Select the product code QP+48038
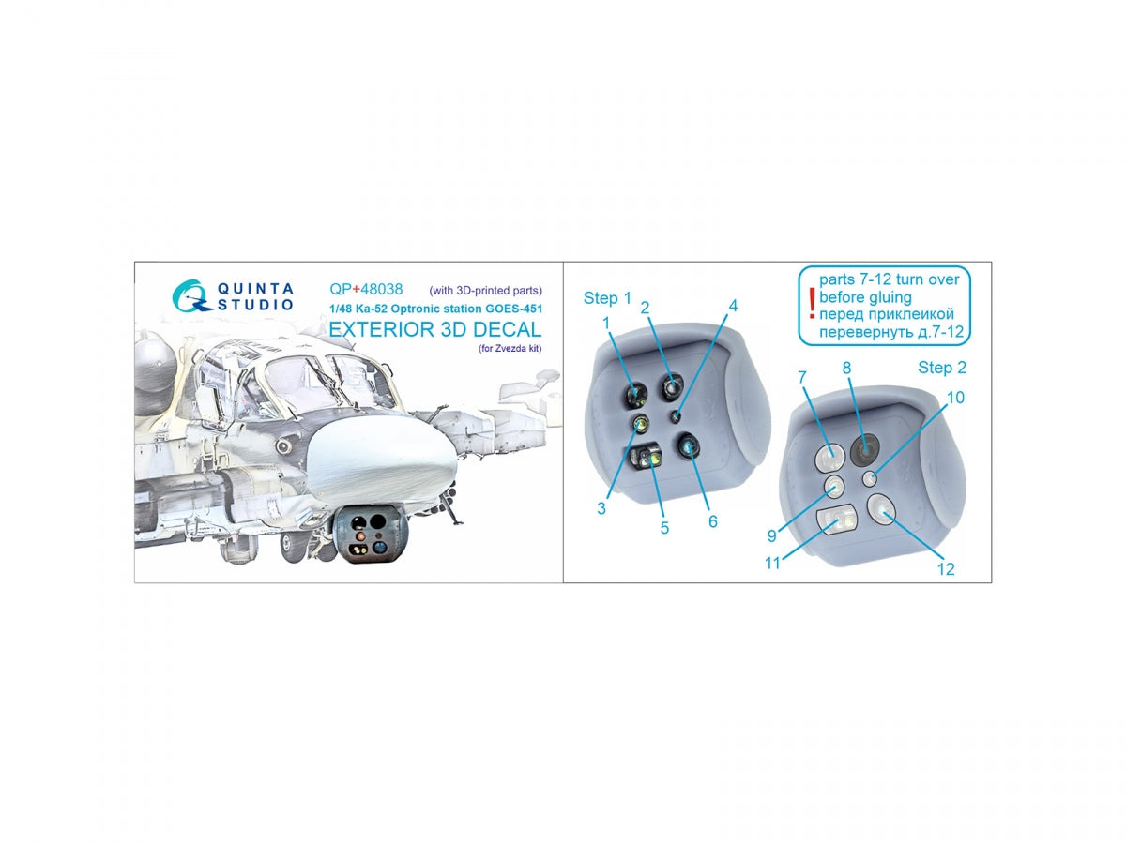coord(365,289)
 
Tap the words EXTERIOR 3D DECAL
coord(434,329)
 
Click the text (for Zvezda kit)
coord(510,349)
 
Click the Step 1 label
coord(606,298)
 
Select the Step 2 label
coord(941,368)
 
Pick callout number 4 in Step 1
coord(733,306)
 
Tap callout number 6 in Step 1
coord(712,521)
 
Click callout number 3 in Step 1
coord(601,508)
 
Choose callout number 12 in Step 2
coord(946,569)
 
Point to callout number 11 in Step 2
coord(772,564)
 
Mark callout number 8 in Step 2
coord(846,368)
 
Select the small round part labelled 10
coord(869,479)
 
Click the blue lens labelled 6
coord(688,445)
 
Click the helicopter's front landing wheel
coord(293,545)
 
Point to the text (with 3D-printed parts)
coord(485,291)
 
